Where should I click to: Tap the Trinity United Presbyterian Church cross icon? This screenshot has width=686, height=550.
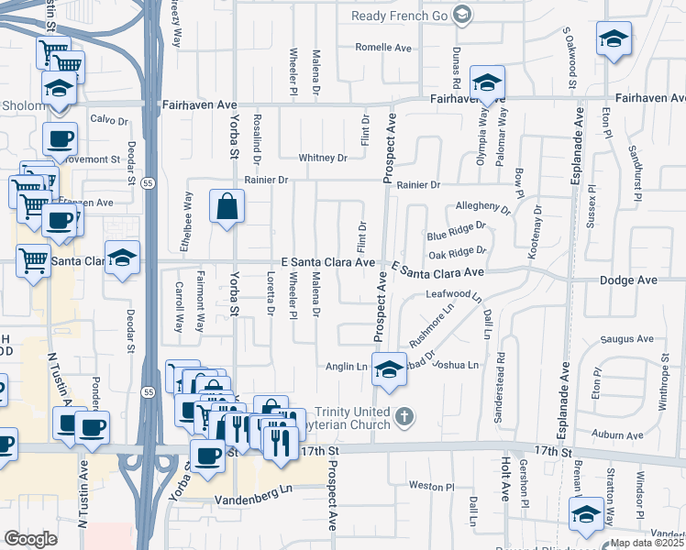(403, 419)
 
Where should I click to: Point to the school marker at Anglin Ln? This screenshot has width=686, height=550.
(390, 368)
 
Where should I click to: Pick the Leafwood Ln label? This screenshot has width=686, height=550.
(453, 294)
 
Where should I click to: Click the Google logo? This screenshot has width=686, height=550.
(30, 538)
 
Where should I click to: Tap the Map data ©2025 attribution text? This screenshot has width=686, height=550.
(647, 543)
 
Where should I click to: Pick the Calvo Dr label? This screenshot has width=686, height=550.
(108, 119)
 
